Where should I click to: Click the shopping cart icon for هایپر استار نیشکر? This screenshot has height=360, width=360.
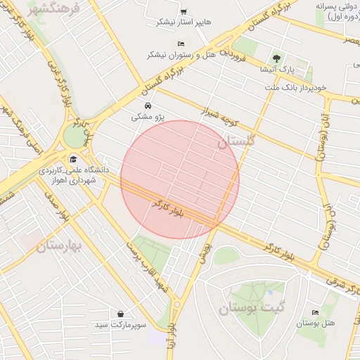point(184,12)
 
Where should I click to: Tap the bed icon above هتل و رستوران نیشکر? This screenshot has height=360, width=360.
point(181,44)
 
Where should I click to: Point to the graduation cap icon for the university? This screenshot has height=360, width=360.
point(74,157)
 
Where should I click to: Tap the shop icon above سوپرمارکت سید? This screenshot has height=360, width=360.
point(122,314)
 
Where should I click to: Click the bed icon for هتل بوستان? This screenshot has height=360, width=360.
point(314,312)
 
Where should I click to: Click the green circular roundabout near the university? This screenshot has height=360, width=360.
point(73,136)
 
